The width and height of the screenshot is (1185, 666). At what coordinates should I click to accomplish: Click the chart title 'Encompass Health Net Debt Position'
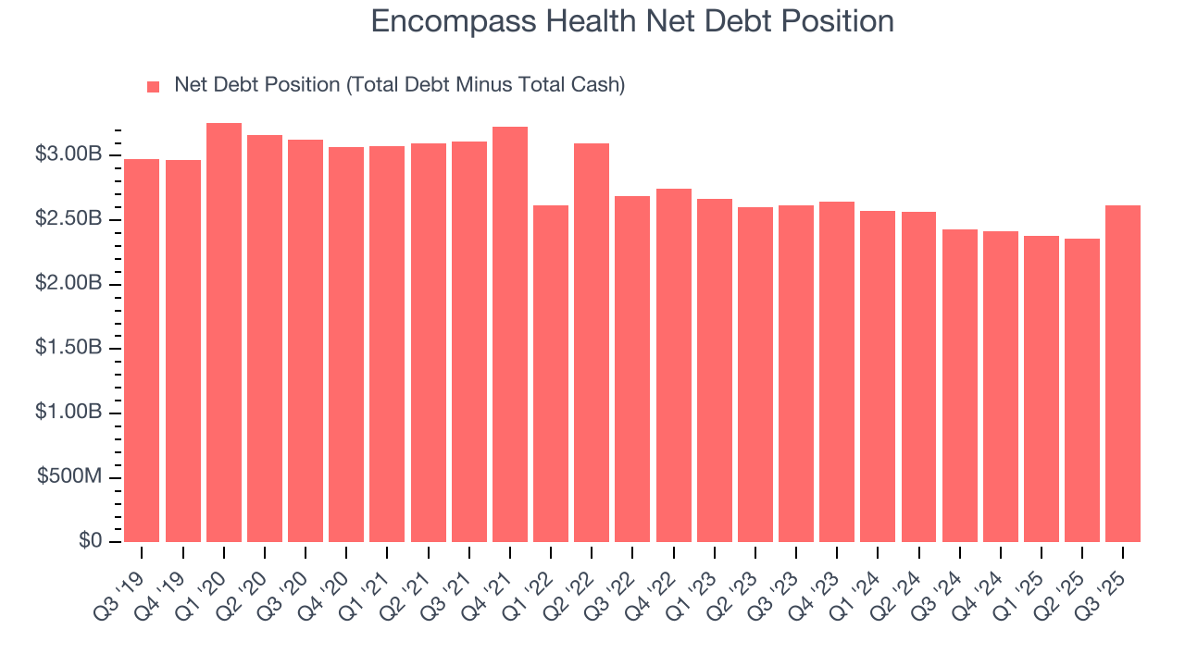pyautogui.click(x=632, y=21)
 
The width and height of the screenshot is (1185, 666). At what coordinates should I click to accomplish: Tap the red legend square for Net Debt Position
pyautogui.click(x=154, y=87)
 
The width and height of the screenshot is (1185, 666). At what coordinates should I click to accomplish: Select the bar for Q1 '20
pyautogui.click(x=224, y=333)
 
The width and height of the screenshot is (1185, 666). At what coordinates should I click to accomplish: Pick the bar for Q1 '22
pyautogui.click(x=551, y=374)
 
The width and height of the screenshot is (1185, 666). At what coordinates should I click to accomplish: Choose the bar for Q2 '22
pyautogui.click(x=592, y=343)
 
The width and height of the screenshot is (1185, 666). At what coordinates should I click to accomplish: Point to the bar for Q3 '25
pyautogui.click(x=1123, y=374)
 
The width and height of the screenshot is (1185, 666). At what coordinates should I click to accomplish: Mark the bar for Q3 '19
pyautogui.click(x=142, y=351)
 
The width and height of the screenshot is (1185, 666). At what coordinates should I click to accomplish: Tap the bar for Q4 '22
pyautogui.click(x=674, y=365)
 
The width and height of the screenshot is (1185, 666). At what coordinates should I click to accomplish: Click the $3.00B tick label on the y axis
pyautogui.click(x=68, y=154)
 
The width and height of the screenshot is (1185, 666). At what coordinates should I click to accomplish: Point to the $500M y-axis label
pyautogui.click(x=69, y=477)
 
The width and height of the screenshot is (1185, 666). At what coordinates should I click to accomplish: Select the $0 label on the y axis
pyautogui.click(x=90, y=541)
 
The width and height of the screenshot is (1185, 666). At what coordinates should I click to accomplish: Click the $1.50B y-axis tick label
pyautogui.click(x=68, y=348)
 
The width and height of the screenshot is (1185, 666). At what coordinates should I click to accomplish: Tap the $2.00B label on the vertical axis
pyautogui.click(x=68, y=284)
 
